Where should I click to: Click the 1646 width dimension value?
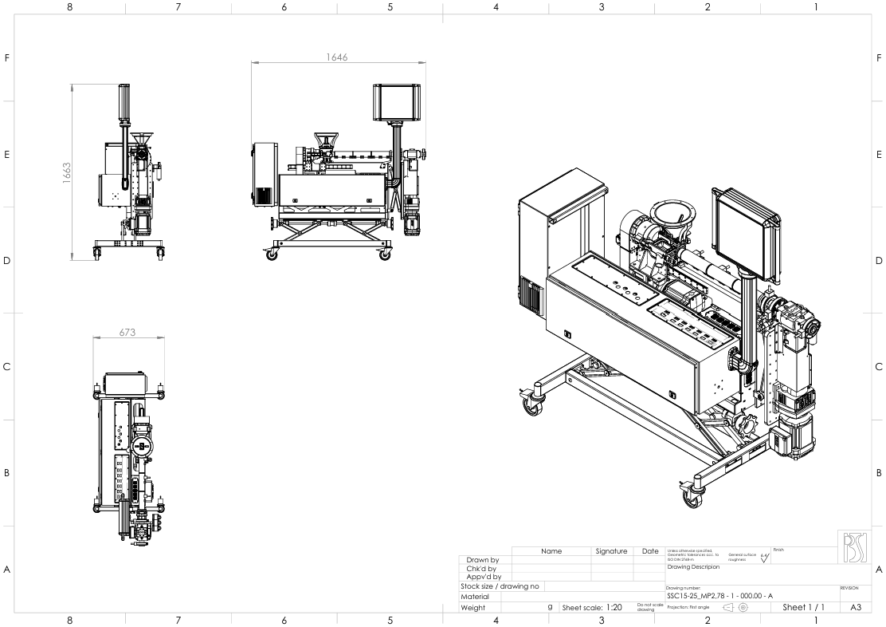click(338, 57)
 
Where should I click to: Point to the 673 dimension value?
click(127, 333)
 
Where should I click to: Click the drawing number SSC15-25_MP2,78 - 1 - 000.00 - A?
click(716, 595)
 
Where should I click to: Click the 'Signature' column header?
click(611, 551)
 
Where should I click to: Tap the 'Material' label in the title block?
click(475, 596)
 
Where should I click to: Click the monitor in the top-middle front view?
click(395, 101)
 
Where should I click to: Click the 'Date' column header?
click(649, 551)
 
